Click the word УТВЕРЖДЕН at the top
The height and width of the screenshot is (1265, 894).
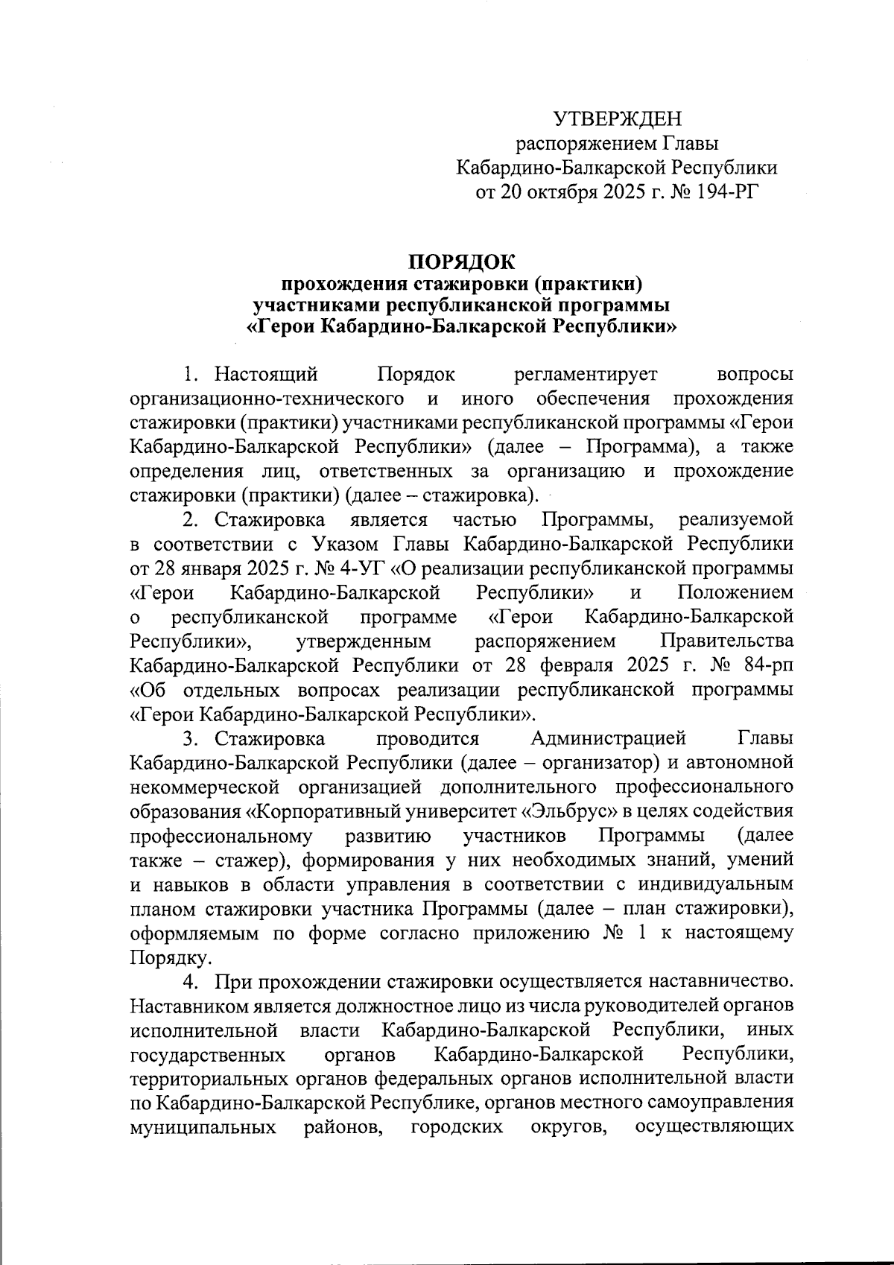pos(617,119)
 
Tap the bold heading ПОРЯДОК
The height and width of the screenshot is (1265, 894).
pos(460,261)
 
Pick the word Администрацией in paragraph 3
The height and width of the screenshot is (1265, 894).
pos(609,738)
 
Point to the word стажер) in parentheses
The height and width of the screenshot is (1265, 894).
pos(248,860)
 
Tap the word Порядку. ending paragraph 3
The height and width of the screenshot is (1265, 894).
pos(160,957)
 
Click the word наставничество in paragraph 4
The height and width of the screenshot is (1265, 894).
pos(717,981)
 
